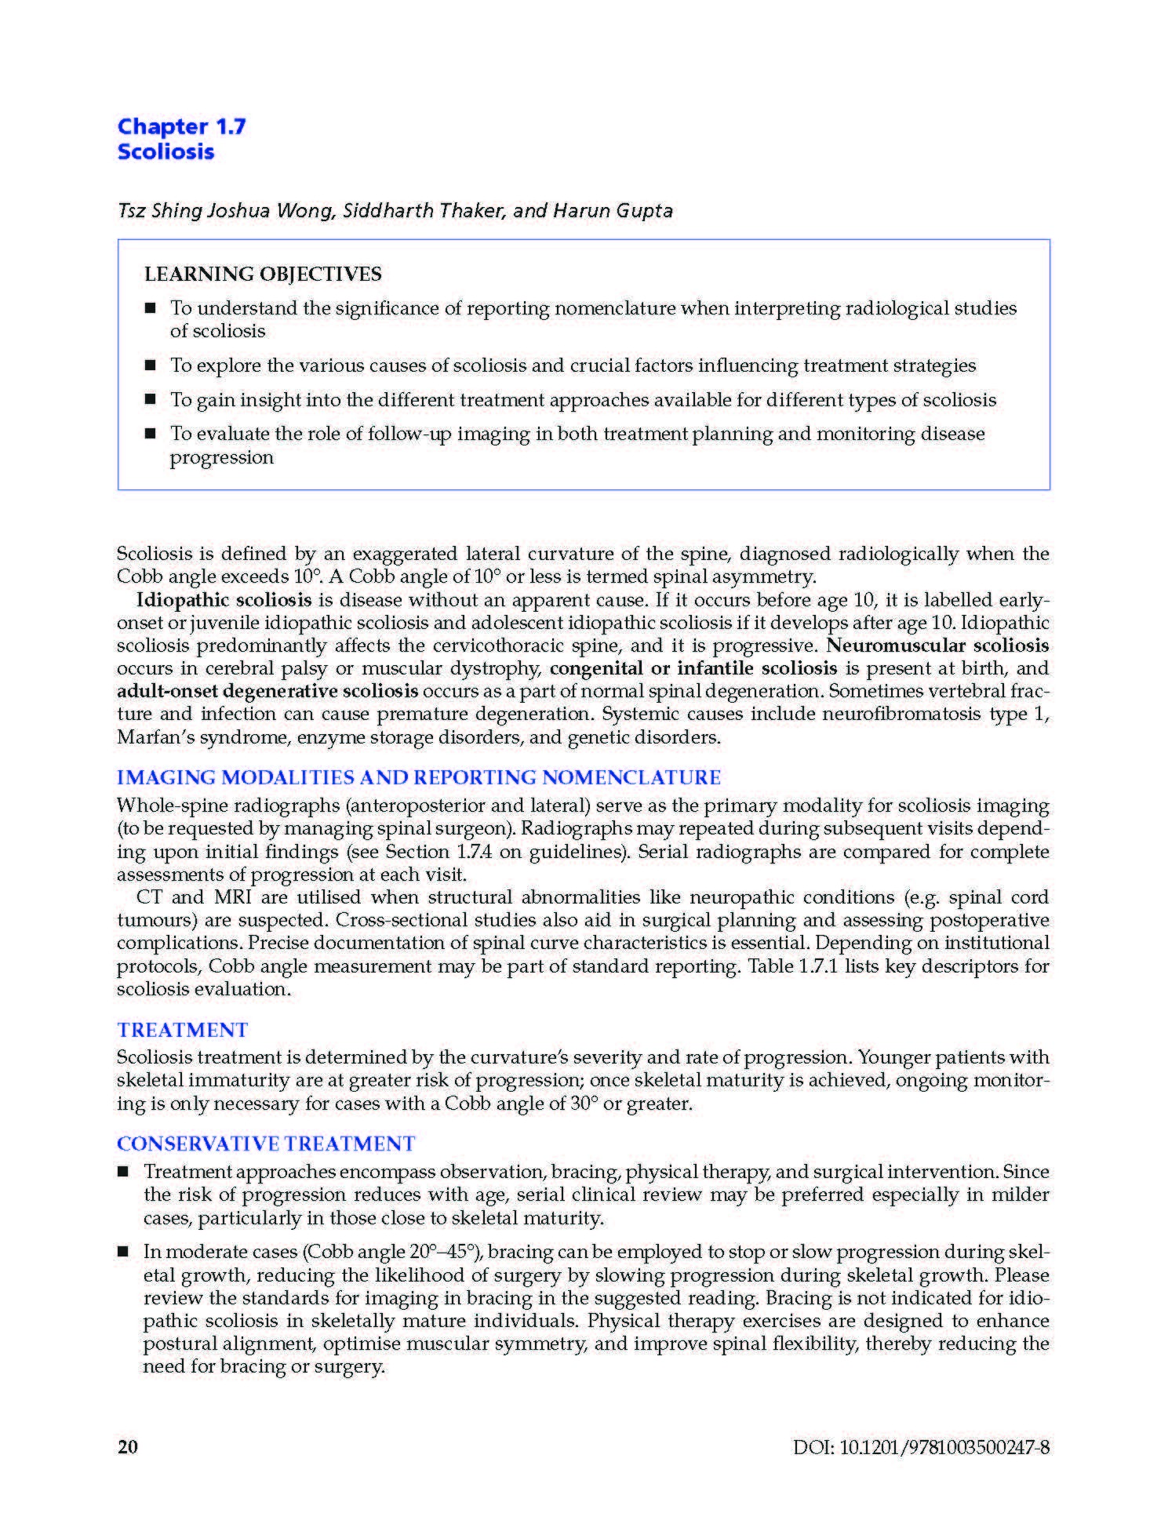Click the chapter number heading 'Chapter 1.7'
tap(181, 126)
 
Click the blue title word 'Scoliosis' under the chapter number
tap(166, 151)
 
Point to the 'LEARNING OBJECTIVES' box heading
tap(263, 274)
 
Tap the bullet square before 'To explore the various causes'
tap(151, 365)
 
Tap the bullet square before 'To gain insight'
tap(151, 400)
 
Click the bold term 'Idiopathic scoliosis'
tap(224, 600)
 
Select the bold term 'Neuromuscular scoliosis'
tap(937, 645)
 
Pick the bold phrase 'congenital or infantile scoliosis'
tap(693, 668)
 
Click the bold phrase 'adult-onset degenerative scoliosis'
tap(267, 691)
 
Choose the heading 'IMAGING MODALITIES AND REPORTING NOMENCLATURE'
tap(418, 777)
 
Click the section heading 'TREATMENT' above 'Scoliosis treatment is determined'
tap(182, 1030)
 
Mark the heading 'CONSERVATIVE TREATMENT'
tap(266, 1144)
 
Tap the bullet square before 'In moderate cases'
tap(123, 1253)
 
